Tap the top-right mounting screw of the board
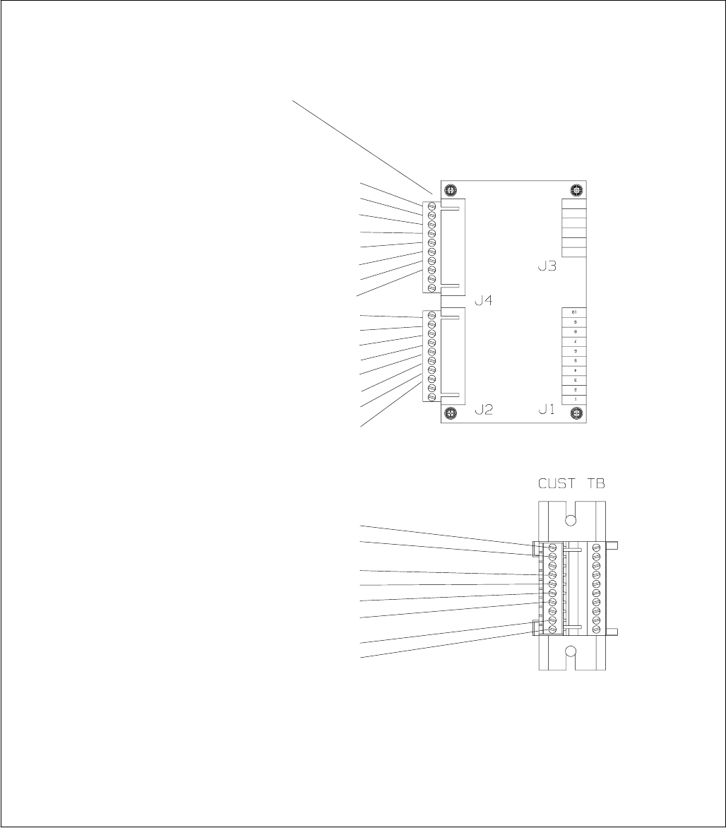[576, 190]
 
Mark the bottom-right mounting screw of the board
[576, 413]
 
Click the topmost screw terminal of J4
[431, 206]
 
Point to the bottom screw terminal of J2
[431, 397]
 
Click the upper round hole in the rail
[572, 520]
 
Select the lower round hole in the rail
[572, 651]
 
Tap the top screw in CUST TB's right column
[595, 548]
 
